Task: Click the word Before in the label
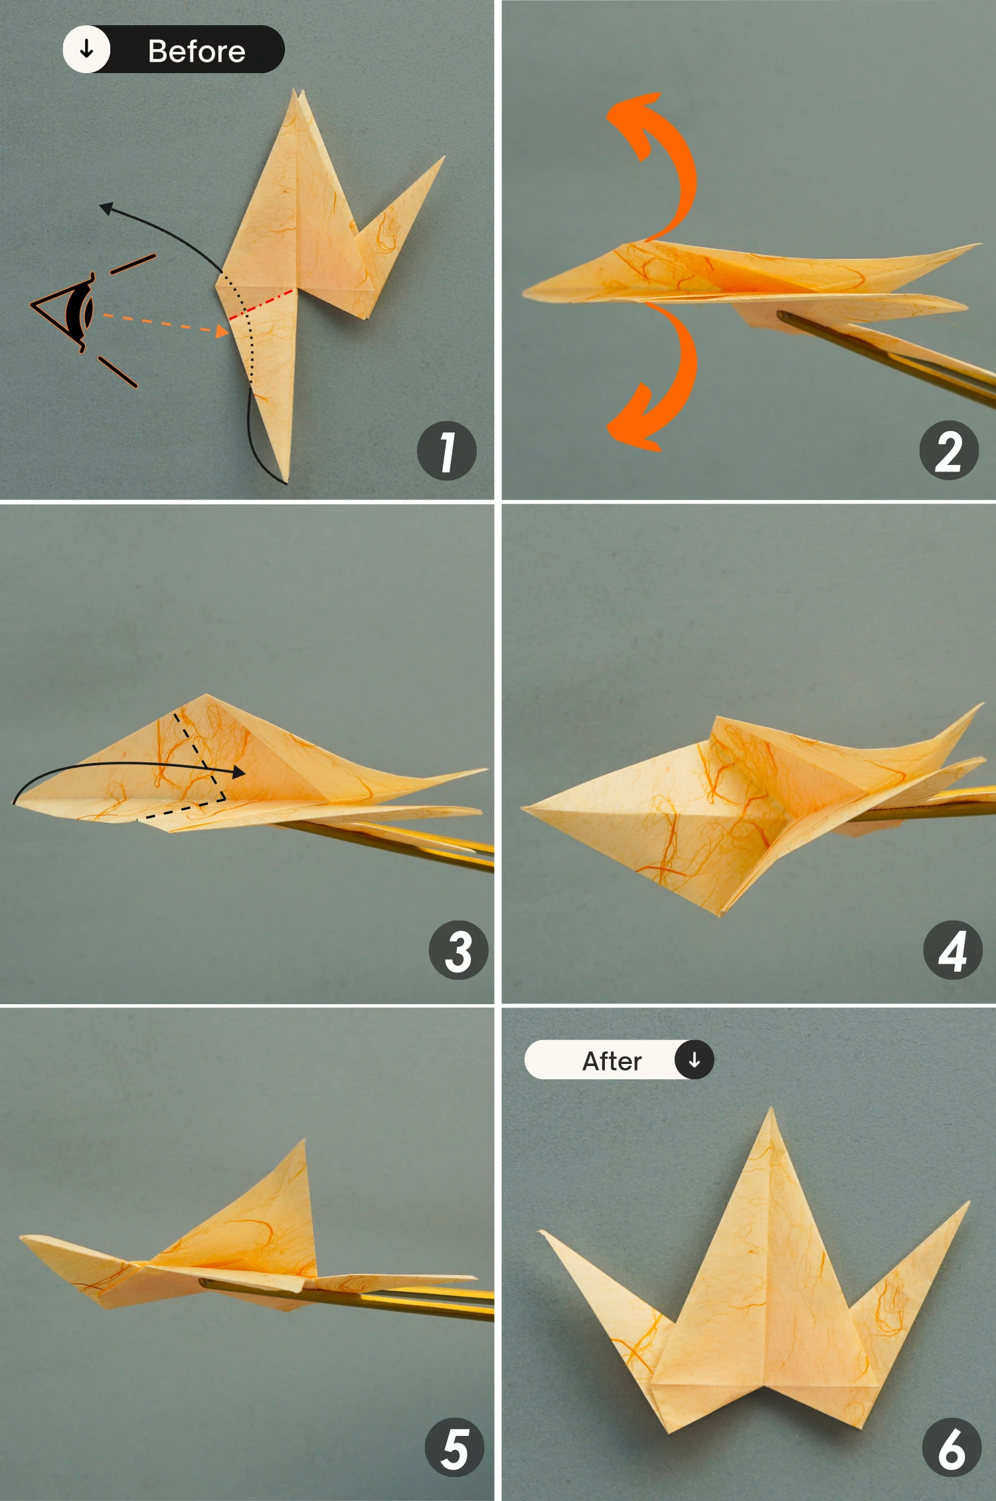pyautogui.click(x=197, y=51)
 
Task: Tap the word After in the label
pyautogui.click(x=612, y=1061)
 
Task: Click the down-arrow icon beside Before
pyautogui.click(x=86, y=49)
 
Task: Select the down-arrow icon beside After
pyautogui.click(x=694, y=1059)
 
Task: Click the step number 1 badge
pyautogui.click(x=447, y=450)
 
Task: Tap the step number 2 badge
pyautogui.click(x=949, y=450)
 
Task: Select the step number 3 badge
pyautogui.click(x=459, y=950)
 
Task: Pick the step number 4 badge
pyautogui.click(x=953, y=950)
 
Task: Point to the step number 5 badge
pyautogui.click(x=455, y=1448)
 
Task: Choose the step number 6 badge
pyautogui.click(x=952, y=1448)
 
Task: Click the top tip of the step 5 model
pyautogui.click(x=304, y=1141)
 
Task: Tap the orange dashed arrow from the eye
pyautogui.click(x=166, y=323)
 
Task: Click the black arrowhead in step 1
pyautogui.click(x=106, y=208)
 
